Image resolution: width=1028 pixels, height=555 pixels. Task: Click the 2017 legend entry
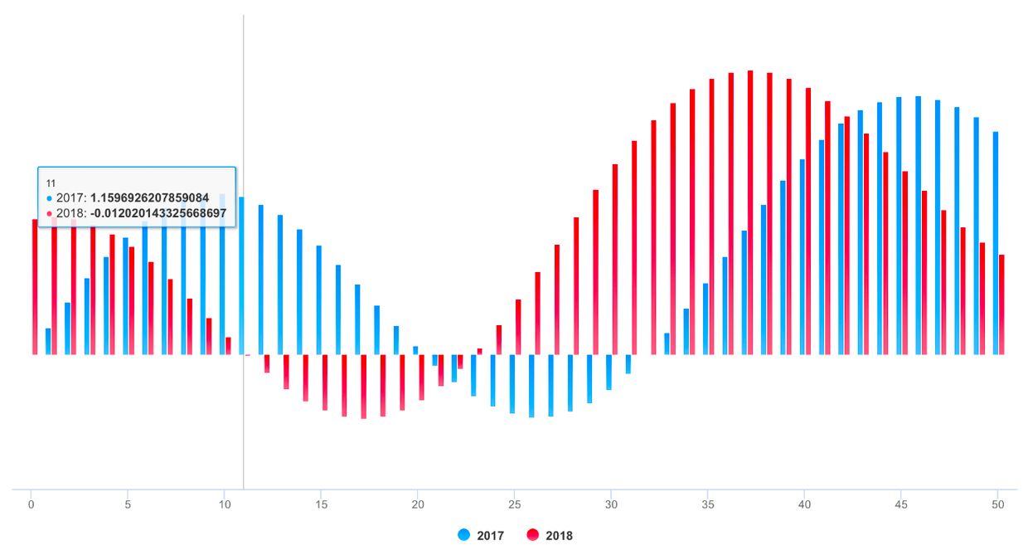(481, 535)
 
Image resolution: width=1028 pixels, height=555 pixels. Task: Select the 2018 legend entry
(550, 535)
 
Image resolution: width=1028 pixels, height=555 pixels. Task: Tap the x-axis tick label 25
(515, 504)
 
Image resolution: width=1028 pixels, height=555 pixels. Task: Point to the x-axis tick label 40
(804, 504)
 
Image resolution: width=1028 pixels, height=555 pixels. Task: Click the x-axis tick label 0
(32, 504)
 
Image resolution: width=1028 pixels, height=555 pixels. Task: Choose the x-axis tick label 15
(321, 504)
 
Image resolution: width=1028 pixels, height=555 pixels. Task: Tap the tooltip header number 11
(51, 183)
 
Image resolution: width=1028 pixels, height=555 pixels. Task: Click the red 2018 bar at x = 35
(711, 216)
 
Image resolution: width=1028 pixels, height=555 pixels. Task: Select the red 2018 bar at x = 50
(1001, 304)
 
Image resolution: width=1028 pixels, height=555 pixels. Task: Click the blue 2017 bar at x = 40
(803, 256)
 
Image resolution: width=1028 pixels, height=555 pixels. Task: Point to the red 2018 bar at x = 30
(615, 259)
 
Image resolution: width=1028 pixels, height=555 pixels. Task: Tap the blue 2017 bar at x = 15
(319, 299)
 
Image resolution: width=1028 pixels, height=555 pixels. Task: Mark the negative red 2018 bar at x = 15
(325, 382)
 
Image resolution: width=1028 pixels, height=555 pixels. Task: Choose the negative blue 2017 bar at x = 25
(512, 384)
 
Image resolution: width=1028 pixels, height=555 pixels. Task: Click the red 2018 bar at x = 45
(905, 262)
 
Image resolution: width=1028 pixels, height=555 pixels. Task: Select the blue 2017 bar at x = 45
(899, 226)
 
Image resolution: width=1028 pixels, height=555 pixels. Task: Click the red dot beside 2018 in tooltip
(49, 214)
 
